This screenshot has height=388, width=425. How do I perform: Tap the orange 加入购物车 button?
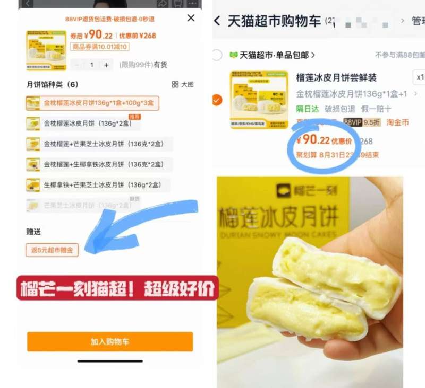pos(110,342)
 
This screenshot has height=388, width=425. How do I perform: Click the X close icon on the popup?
pos(191,18)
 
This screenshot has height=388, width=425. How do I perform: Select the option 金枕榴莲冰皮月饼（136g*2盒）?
pos(92,124)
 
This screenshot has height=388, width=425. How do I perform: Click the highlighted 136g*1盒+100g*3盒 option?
pos(92,103)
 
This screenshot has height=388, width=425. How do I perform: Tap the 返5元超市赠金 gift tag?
pos(52,250)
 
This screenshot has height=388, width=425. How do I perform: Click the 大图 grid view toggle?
pos(183,84)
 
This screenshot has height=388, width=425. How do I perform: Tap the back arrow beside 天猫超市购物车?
pos(217,21)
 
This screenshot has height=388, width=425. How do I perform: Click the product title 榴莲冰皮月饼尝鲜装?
pos(336,78)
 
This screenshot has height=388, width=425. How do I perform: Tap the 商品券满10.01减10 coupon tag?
pos(99,47)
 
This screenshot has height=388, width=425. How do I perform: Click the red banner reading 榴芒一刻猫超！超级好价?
pos(117,288)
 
